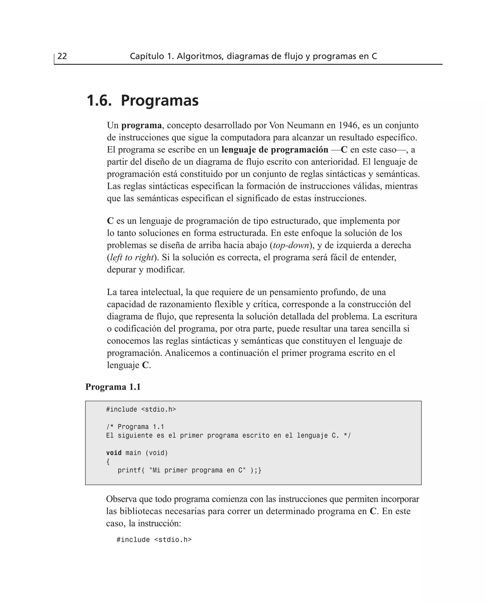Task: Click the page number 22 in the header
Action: [x=62, y=56]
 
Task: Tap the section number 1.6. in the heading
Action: [x=99, y=101]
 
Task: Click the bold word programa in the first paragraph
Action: [x=141, y=125]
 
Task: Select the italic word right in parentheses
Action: [x=145, y=257]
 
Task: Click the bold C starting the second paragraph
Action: [x=110, y=221]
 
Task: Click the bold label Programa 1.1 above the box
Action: [x=113, y=387]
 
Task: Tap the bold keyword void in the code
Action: [x=114, y=453]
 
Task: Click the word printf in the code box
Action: [x=129, y=470]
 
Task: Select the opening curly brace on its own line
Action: [x=108, y=461]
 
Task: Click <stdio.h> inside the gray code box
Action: [x=159, y=410]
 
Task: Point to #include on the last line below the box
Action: [x=133, y=540]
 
